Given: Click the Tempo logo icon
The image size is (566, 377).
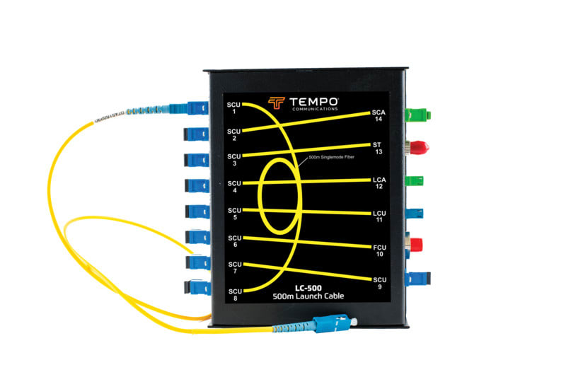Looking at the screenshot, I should pos(277,103).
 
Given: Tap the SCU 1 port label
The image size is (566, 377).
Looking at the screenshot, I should pos(234,108).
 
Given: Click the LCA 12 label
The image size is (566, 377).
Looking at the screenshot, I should pos(379,182).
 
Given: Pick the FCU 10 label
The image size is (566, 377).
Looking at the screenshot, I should pos(379,250).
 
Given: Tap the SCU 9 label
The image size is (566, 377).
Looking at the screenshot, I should pos(379,282).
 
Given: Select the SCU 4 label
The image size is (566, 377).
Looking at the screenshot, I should pos(234,187).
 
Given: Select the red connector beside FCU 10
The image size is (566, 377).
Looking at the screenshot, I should pos(417,246).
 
